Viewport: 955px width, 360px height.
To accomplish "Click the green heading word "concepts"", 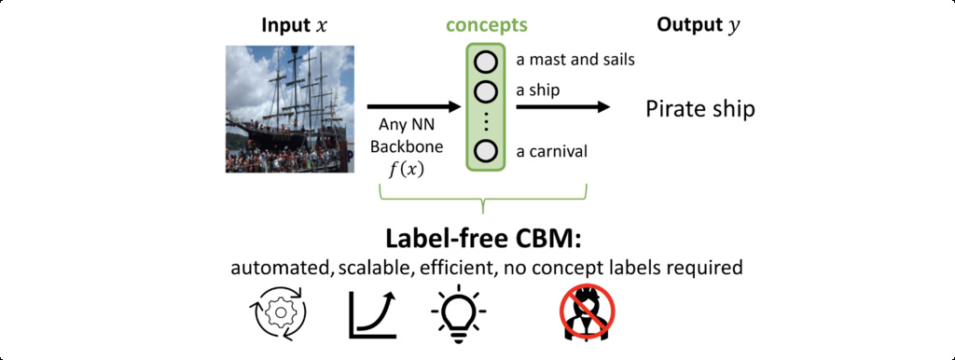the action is pyautogui.click(x=487, y=25).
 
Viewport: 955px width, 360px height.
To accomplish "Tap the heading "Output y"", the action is pyautogui.click(x=698, y=25).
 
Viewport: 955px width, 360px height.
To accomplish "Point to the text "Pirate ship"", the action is pyautogui.click(x=699, y=109).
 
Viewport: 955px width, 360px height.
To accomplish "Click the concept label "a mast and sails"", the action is pyautogui.click(x=575, y=61).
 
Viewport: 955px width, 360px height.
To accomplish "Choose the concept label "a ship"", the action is pyautogui.click(x=538, y=90).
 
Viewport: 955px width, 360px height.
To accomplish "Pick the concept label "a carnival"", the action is pyautogui.click(x=552, y=151).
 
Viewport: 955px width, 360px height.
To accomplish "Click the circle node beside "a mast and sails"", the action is pyautogui.click(x=486, y=62).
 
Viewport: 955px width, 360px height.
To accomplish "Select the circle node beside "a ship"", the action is pyautogui.click(x=486, y=91).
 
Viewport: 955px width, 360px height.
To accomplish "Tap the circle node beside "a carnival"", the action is pyautogui.click(x=486, y=151).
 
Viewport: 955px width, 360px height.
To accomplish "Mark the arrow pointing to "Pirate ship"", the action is pyautogui.click(x=562, y=107).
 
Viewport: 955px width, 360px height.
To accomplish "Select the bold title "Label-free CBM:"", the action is pyautogui.click(x=484, y=239).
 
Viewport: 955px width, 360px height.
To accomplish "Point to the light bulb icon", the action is pyautogui.click(x=459, y=312).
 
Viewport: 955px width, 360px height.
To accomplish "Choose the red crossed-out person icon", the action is pyautogui.click(x=588, y=312).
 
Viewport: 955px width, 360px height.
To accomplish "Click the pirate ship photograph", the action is pyautogui.click(x=290, y=108).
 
